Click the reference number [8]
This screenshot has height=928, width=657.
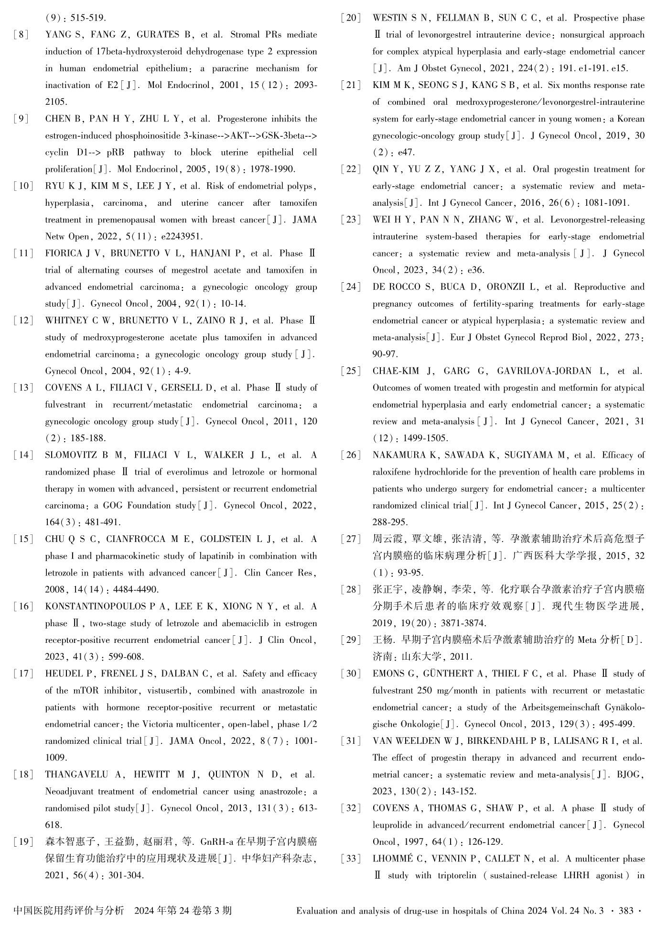click(x=22, y=35)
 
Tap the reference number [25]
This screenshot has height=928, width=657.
click(x=351, y=371)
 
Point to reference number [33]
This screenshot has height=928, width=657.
click(x=351, y=859)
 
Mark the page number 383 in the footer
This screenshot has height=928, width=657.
click(x=626, y=911)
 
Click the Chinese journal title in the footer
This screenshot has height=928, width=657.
click(x=69, y=911)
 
